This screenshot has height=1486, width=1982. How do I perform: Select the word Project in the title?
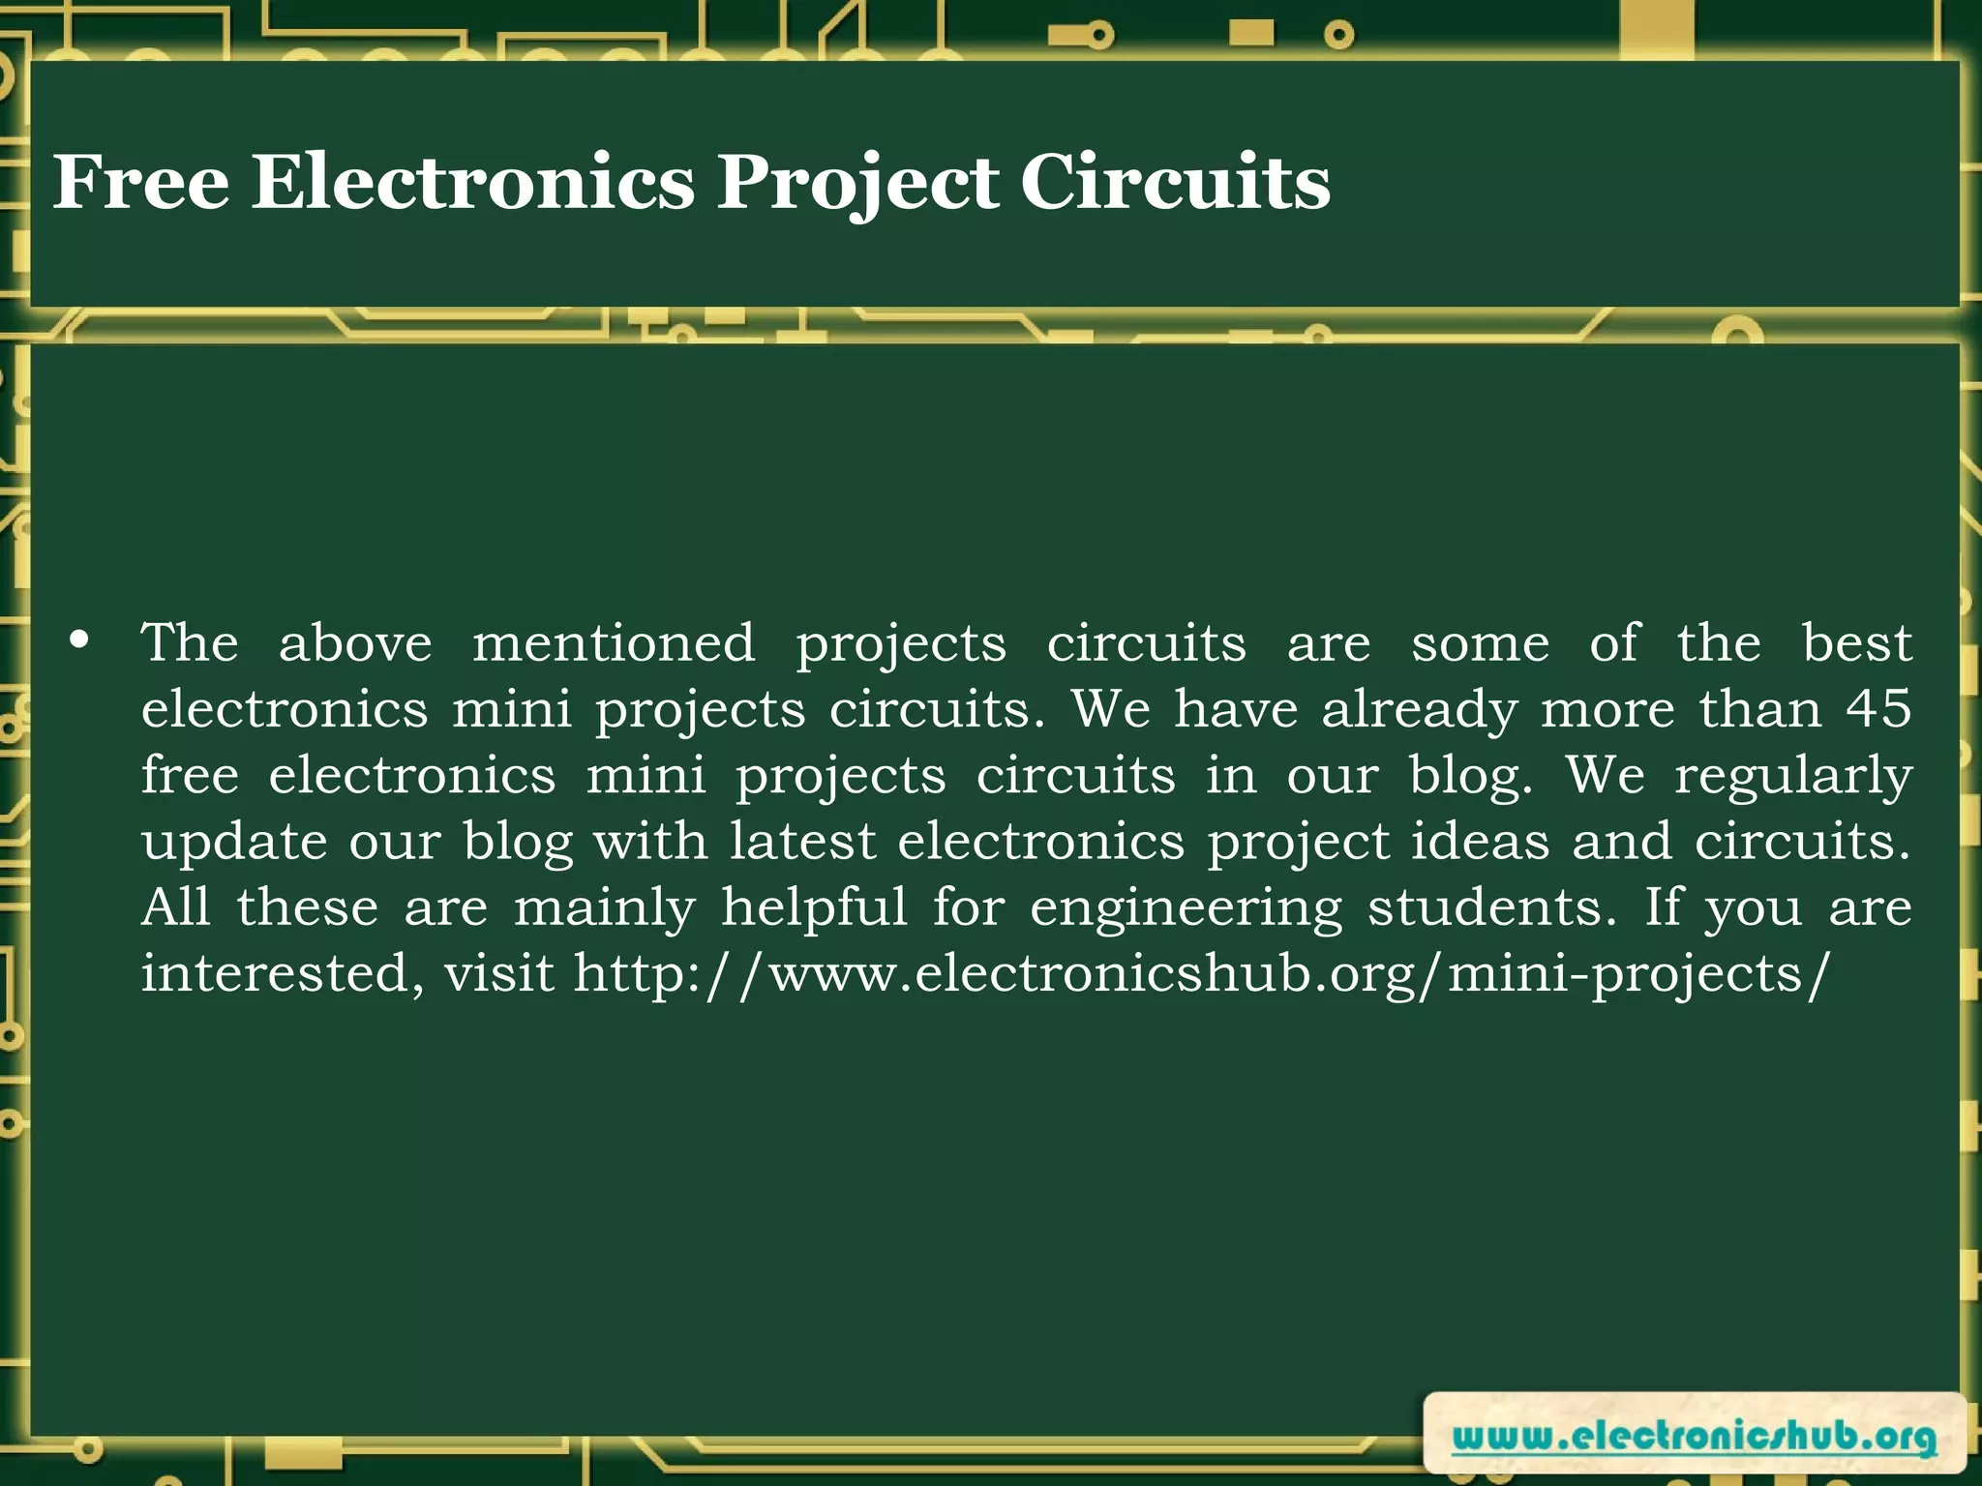point(857,184)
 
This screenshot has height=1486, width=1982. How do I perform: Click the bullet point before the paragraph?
point(80,640)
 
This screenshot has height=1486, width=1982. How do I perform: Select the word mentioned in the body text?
point(614,643)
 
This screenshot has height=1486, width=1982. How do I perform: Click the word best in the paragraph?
point(1856,643)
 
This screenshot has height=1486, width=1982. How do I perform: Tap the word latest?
point(802,841)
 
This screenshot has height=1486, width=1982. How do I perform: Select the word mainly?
point(604,908)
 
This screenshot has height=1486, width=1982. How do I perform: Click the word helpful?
point(814,908)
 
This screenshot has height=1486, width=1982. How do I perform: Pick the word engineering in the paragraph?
point(1186,908)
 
